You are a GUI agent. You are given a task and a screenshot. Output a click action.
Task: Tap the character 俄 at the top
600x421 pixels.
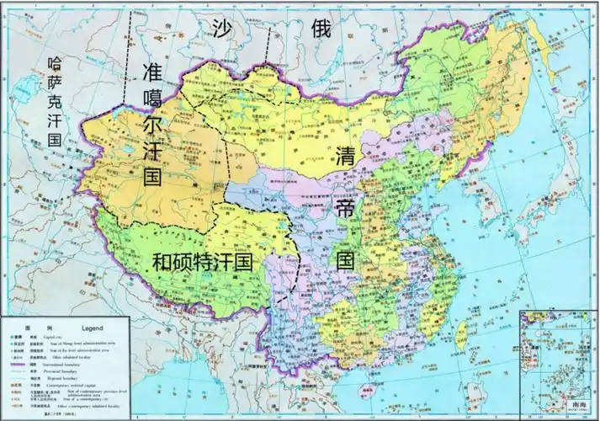pyautogui.click(x=320, y=28)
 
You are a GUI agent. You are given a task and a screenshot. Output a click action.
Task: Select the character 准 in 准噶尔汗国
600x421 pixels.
pyautogui.click(x=154, y=71)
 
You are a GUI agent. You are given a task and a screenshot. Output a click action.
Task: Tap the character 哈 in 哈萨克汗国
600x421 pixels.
pyautogui.click(x=55, y=62)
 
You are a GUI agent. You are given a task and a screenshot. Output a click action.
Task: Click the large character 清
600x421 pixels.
pyautogui.click(x=345, y=157)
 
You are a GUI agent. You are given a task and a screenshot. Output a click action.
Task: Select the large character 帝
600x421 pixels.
pyautogui.click(x=345, y=208)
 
